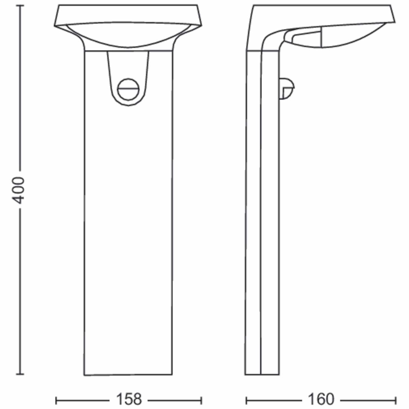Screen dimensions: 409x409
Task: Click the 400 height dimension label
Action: pos(18,190)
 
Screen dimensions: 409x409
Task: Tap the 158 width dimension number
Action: pos(129,399)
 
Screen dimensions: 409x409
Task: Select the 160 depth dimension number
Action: pos(321,399)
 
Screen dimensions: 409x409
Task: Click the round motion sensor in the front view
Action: pos(128,89)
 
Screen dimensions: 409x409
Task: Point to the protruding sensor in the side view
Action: pos(287,88)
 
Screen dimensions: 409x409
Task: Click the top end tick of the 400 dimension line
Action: pos(20,6)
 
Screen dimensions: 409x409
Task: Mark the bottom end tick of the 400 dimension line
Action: pos(20,374)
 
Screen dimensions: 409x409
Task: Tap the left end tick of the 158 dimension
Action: pos(56,400)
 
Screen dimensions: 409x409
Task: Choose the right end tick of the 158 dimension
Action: pos(201,400)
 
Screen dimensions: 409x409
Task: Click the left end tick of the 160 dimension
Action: pos(246,400)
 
